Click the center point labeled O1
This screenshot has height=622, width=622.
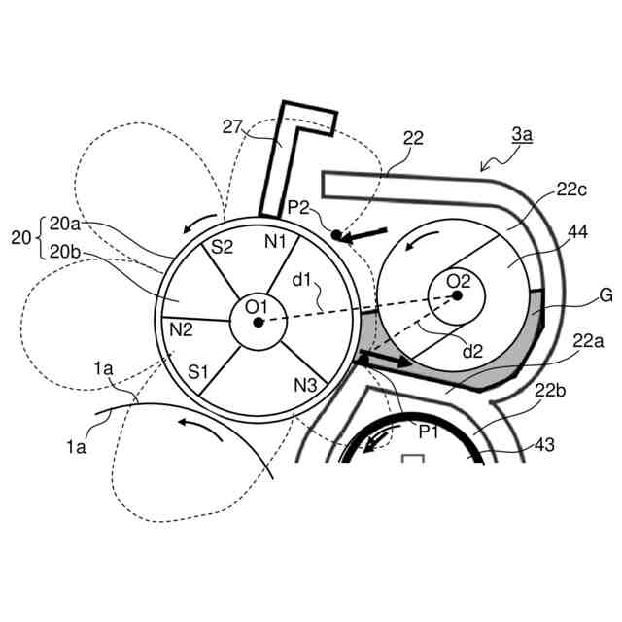point(258,322)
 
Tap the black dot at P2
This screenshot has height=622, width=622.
point(336,234)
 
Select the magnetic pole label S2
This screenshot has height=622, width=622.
point(223,248)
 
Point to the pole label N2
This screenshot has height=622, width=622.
point(181,329)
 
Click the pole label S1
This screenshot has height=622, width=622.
point(199,371)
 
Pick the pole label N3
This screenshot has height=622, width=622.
point(305,385)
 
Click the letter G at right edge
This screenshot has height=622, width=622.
point(605,296)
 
